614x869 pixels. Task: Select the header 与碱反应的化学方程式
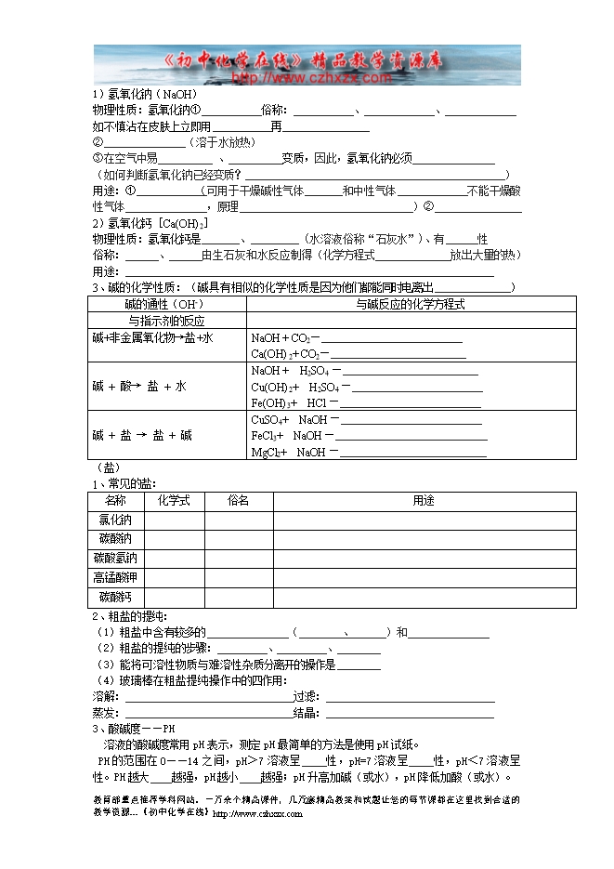pos(410,304)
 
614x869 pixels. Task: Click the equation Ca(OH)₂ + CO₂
pos(289,354)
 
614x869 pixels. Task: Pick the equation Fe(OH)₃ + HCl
pos(290,403)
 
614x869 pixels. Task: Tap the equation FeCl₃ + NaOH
pos(286,436)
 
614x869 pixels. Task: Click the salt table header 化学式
pos(174,500)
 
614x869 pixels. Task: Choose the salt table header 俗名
pos(238,500)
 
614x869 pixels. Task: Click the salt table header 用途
pos(424,500)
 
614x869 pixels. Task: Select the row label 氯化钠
pos(116,520)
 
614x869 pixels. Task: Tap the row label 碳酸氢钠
pos(116,559)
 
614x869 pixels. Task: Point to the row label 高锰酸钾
pos(116,577)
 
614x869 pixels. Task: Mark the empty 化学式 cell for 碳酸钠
pos(174,539)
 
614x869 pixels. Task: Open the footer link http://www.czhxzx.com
pos(257,814)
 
